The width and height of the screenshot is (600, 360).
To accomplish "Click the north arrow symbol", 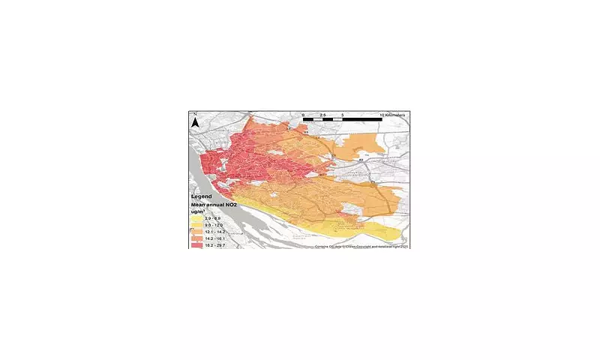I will tap(194, 121).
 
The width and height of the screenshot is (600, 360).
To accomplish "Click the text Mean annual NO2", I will tap(217, 205).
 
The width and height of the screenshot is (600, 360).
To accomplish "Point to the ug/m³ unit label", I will tap(201, 212).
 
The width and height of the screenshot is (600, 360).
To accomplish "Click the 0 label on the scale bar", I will tap(303, 114).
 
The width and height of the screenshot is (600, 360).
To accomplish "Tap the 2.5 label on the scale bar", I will tap(322, 114).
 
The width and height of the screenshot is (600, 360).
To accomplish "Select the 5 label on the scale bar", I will tap(343, 114).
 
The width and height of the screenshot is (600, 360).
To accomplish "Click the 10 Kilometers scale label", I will tap(393, 114).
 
